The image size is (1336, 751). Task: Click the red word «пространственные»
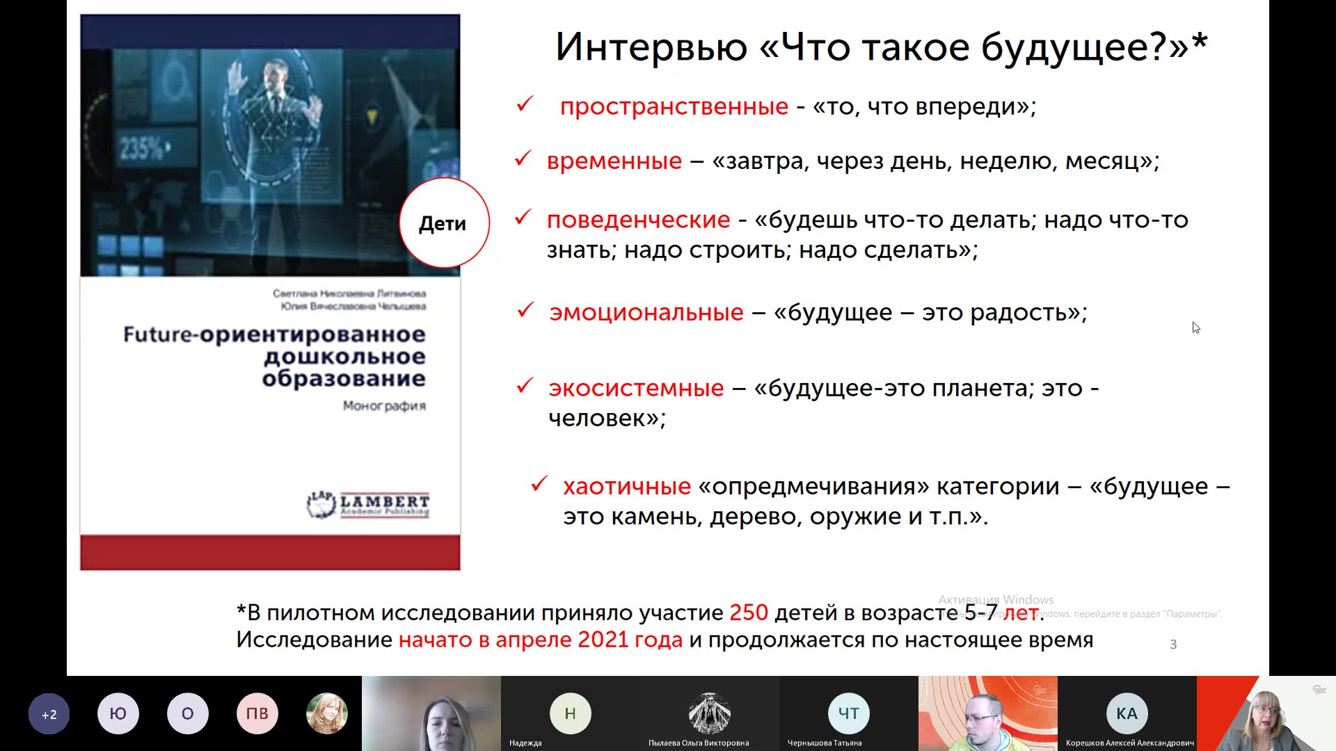[x=674, y=106]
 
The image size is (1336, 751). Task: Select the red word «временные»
[x=614, y=161]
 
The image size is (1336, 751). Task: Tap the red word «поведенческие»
[x=638, y=220]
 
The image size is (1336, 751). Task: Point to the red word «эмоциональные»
[x=646, y=312]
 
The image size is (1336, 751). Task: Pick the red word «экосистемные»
[x=636, y=388]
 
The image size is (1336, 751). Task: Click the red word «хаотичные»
[x=626, y=486]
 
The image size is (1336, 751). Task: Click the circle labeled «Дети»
[x=443, y=223]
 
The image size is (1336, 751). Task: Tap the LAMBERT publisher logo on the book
[x=368, y=504]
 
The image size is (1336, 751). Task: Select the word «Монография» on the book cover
[x=384, y=405]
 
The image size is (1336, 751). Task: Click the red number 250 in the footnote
[x=748, y=613]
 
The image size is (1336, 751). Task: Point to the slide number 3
[x=1173, y=645]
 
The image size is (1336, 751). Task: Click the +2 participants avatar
[x=49, y=714]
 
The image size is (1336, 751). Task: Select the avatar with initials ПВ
[x=257, y=713]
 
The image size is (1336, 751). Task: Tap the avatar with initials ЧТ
[x=848, y=713]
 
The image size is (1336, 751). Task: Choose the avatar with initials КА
[x=1127, y=713]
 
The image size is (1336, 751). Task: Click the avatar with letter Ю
[x=118, y=713]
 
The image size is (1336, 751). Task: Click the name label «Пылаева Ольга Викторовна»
[x=699, y=743]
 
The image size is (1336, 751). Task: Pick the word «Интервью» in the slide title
[x=651, y=47]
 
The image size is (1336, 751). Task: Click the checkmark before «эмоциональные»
[x=525, y=309]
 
